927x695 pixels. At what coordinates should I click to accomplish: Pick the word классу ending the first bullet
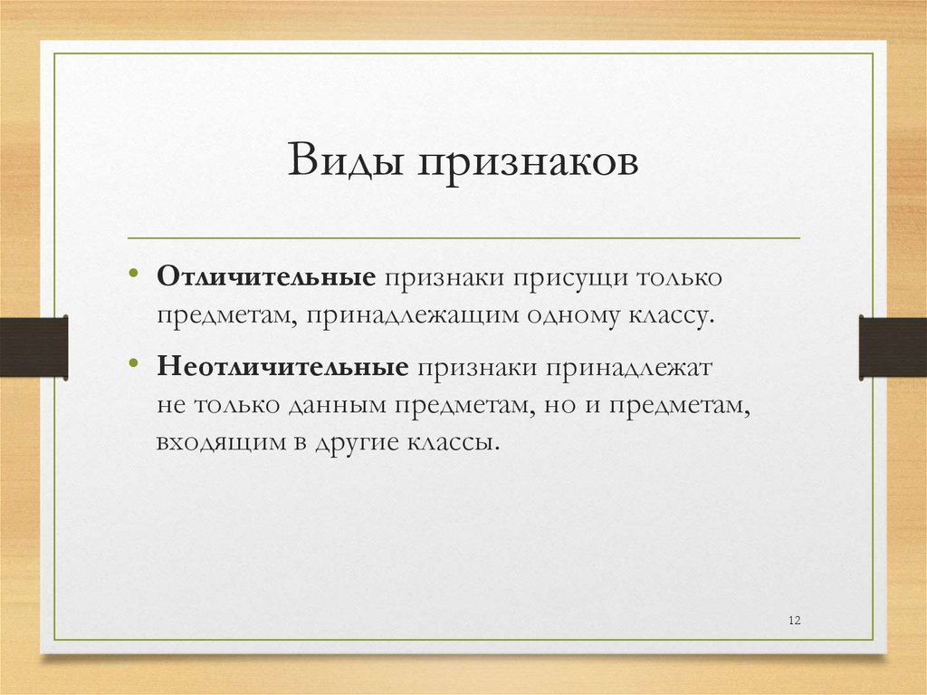(667, 317)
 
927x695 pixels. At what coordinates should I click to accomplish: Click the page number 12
(795, 620)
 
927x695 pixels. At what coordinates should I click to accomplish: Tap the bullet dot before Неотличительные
(134, 365)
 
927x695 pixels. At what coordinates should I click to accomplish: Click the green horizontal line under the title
(463, 238)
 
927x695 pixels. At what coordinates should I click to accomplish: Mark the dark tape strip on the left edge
(33, 346)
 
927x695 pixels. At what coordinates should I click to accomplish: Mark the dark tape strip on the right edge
(893, 346)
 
